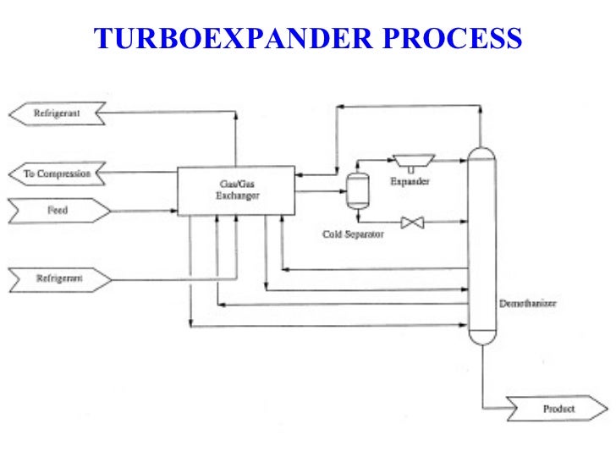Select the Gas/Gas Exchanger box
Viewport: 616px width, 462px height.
pos(235,190)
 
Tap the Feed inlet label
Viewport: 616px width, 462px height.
pos(58,211)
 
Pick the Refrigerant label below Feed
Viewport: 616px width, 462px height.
pos(58,278)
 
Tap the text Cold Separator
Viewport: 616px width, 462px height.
pos(353,234)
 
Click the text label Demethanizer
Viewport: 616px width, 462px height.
pos(527,304)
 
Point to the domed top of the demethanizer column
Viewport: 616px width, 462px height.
pos(481,153)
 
